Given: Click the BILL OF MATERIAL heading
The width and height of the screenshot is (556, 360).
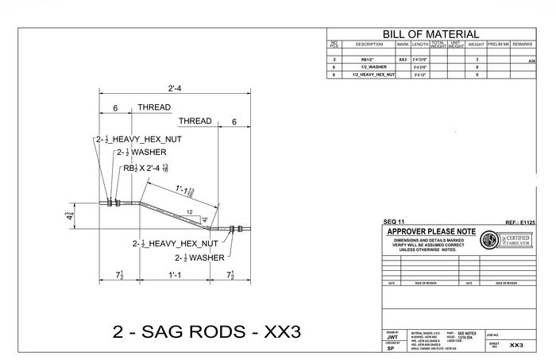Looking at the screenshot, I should pos(431,34).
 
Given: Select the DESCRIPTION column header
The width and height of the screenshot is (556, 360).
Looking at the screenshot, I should pos(369,45).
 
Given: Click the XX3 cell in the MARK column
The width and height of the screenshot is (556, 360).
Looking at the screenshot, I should pos(403,60).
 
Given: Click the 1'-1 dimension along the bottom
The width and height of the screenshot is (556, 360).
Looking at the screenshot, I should pos(175,275).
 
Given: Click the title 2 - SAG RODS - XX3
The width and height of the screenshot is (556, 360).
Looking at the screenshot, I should pos(207,331).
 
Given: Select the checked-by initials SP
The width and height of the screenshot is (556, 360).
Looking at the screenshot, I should pos(391,349).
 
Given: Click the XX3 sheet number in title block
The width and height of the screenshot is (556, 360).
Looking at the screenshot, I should pos(516,346).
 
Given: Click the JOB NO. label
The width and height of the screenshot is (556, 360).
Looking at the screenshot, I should pos(493,336).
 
